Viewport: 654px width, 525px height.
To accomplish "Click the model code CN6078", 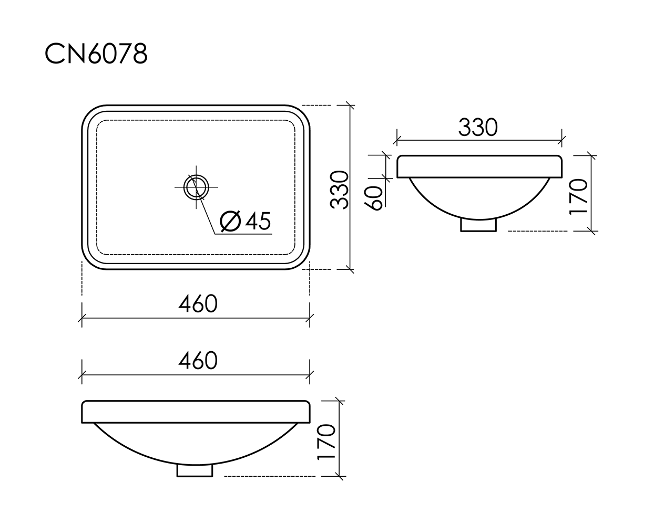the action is (96, 54).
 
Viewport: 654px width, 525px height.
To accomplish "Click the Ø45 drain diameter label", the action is (245, 221).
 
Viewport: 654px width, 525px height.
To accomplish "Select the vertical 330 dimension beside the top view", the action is (339, 190).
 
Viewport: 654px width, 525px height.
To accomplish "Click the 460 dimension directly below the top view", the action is (198, 303).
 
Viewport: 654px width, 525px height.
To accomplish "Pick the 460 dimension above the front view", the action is (198, 360).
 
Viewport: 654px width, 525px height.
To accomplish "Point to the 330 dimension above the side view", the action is (478, 127).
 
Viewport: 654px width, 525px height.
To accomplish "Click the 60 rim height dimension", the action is (373, 198).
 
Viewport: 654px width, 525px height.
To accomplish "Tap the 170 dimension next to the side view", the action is (578, 197).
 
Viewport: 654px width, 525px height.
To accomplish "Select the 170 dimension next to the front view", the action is (326, 442).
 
